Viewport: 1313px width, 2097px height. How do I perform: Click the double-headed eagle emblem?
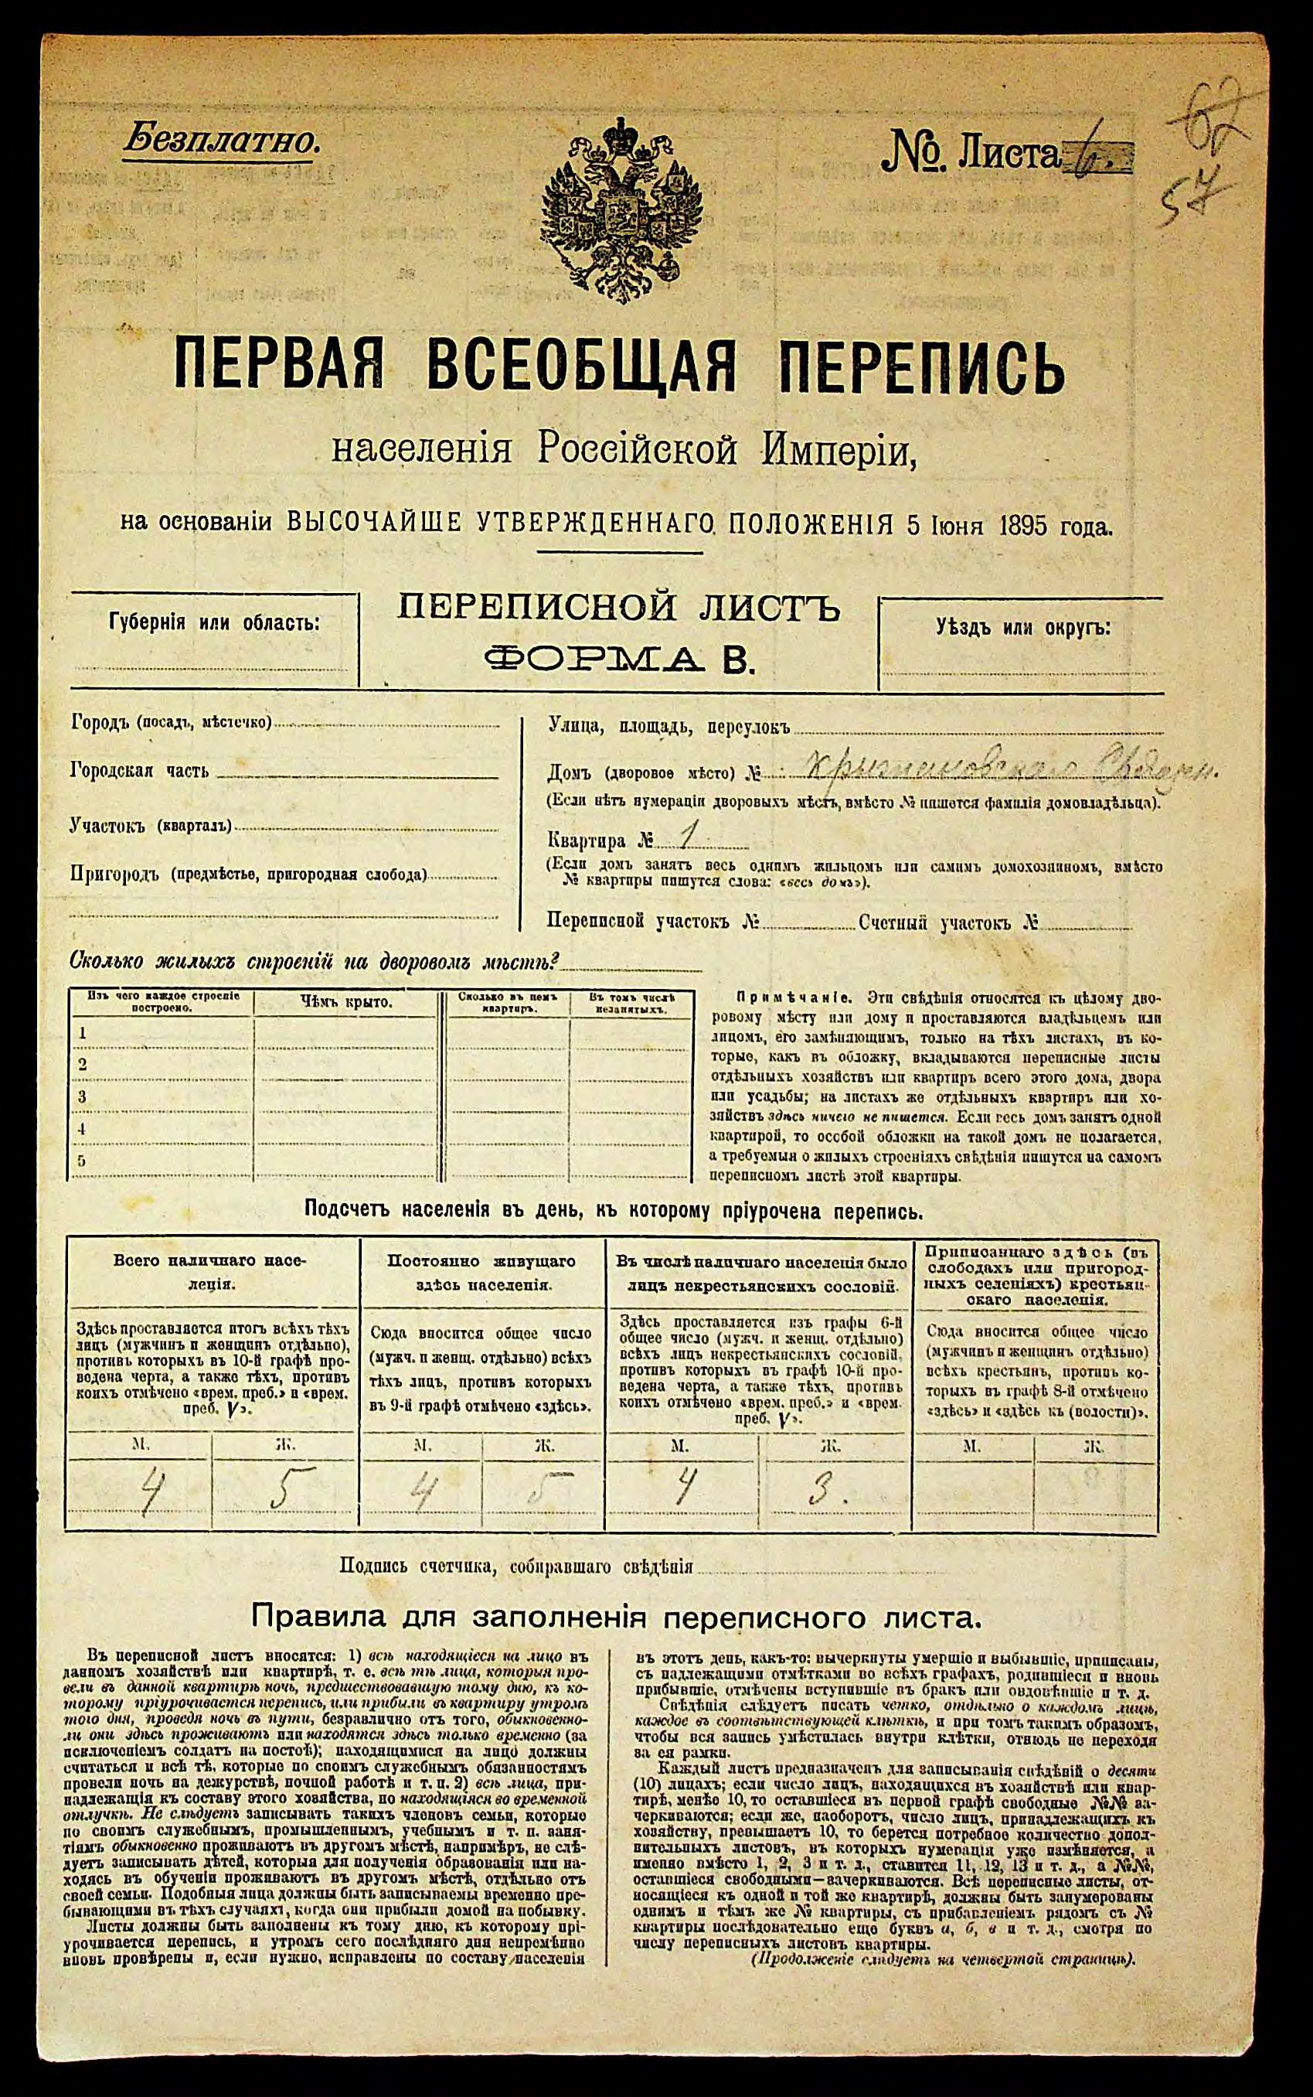(621, 210)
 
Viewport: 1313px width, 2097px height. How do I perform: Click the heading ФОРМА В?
(618, 660)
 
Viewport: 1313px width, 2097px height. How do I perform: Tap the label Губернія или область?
(213, 623)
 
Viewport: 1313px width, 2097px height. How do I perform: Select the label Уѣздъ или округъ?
(1022, 627)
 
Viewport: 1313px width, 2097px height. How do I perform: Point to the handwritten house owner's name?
(1007, 766)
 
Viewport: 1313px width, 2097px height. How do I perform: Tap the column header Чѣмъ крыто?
(345, 1002)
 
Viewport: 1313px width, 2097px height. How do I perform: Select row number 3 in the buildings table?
(83, 1096)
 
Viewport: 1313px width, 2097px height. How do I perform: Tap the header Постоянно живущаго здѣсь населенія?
(481, 1273)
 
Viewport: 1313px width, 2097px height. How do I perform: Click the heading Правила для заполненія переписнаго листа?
(617, 1617)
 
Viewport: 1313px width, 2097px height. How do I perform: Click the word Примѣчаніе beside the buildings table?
(775, 997)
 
